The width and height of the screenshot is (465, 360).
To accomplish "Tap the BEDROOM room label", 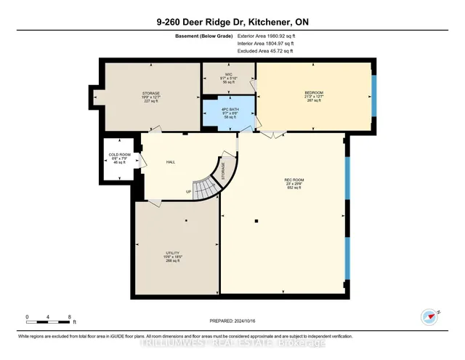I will (x=313, y=93).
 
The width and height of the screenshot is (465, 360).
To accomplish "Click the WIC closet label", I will (x=229, y=74).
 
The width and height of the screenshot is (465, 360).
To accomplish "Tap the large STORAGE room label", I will (x=150, y=93).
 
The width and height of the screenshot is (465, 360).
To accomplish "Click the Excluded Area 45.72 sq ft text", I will (x=265, y=51).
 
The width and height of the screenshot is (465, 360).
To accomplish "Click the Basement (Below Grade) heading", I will (x=201, y=35).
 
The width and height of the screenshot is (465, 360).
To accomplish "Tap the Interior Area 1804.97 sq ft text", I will (x=265, y=43).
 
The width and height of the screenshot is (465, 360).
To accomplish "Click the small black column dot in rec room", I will (x=256, y=220).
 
